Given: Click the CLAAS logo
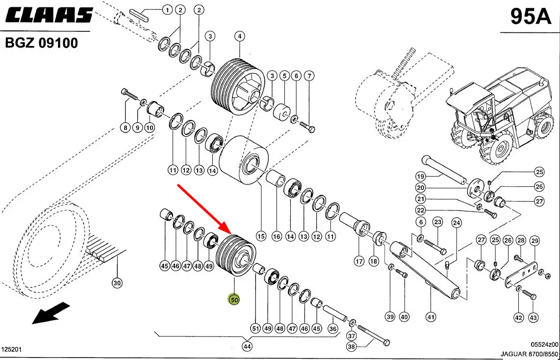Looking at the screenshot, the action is [x=49, y=15].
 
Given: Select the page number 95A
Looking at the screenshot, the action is [x=531, y=16].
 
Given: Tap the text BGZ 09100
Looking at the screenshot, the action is [x=41, y=43].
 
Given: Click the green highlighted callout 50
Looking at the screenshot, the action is [x=234, y=300].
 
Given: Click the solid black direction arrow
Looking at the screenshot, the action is [x=51, y=313].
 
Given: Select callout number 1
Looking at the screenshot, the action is [x=167, y=10].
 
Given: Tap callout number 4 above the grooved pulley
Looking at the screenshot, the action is [x=239, y=36].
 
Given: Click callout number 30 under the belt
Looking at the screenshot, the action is [x=117, y=283].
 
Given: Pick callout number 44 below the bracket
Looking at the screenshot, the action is [x=247, y=346].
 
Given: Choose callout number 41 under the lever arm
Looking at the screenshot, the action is [x=431, y=317].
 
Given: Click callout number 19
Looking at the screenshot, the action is [x=421, y=176].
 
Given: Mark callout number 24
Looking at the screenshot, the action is [x=457, y=223].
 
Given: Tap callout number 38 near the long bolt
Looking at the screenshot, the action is [x=352, y=346].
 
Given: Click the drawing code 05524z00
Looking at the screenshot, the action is [x=544, y=344].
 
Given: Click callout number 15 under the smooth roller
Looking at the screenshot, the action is [x=261, y=236].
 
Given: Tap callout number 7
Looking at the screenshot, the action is [x=309, y=76].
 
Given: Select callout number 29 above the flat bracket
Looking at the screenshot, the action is [x=535, y=241].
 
